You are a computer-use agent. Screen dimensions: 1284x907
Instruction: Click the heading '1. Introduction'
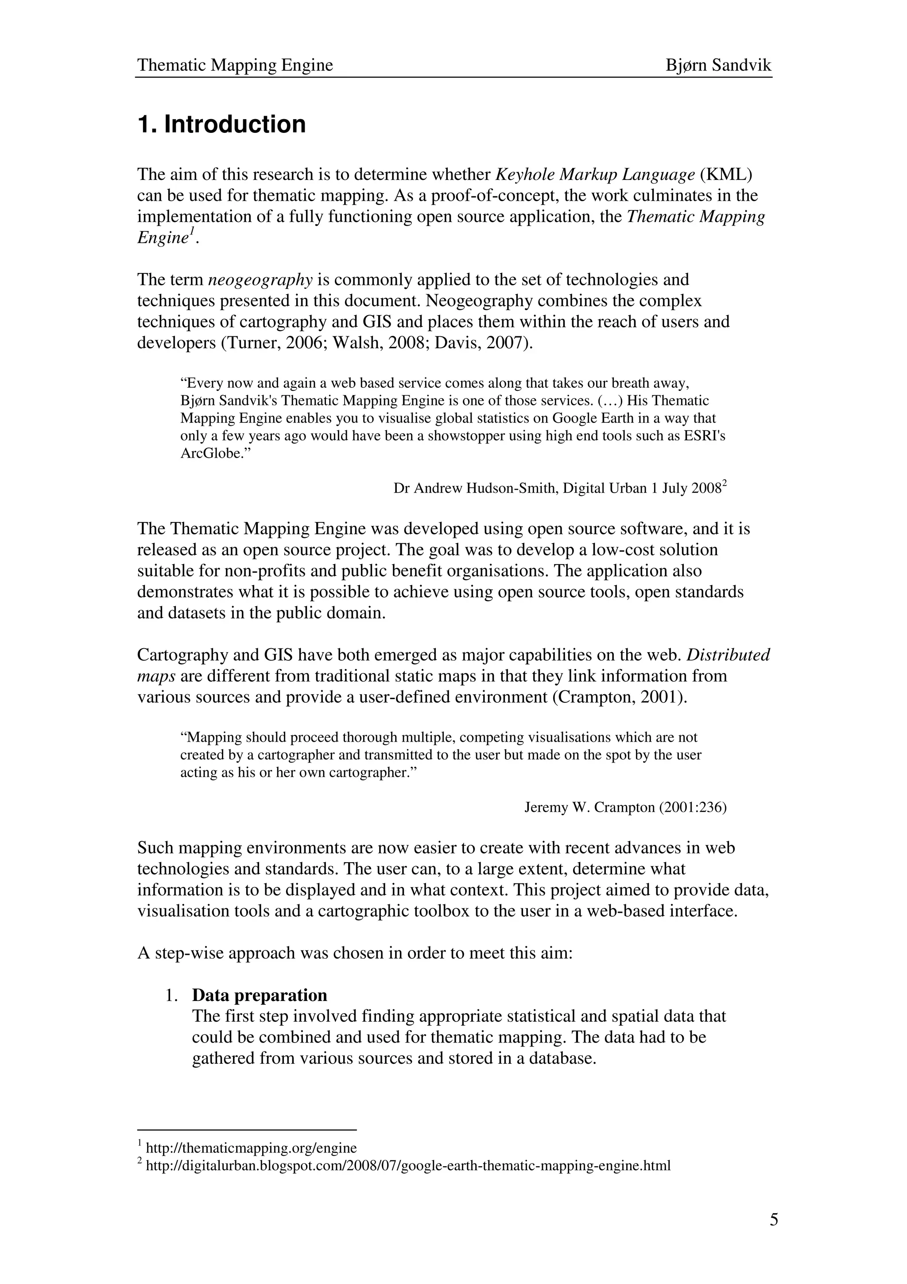pyautogui.click(x=221, y=124)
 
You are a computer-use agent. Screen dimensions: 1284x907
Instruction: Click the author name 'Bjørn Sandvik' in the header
pyautogui.click(x=718, y=66)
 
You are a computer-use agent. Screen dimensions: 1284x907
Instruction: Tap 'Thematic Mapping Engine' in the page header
pyautogui.click(x=235, y=66)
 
